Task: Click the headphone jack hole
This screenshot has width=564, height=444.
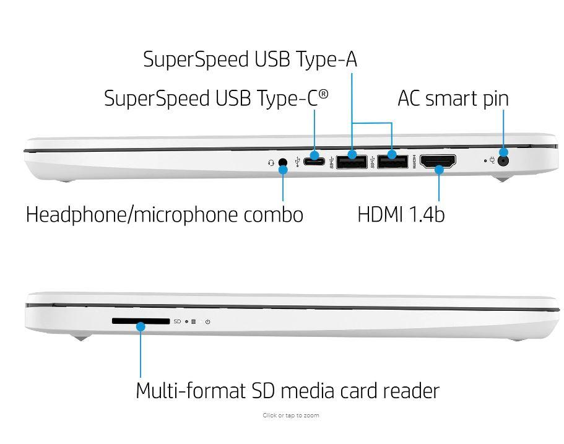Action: point(283,163)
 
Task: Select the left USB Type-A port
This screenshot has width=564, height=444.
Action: point(352,162)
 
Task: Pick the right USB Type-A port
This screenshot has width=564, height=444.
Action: point(392,162)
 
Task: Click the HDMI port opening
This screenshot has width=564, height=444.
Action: point(438,162)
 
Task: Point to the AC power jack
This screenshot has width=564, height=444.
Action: point(504,160)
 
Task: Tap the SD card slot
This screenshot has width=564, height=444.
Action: point(141,321)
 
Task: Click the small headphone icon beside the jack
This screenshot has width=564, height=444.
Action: point(271,163)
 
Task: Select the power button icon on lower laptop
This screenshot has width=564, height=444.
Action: point(208,322)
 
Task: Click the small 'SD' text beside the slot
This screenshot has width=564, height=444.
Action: point(177,322)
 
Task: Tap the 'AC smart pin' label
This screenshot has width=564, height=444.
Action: point(453,98)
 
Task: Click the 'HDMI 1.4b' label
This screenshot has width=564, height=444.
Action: point(401,214)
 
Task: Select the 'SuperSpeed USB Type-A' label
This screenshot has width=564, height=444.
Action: point(250,59)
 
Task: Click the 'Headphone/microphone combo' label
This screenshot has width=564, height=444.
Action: point(165,214)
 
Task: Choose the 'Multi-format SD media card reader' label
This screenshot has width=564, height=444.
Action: point(287,391)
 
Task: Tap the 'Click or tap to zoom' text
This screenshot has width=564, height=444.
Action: point(290,416)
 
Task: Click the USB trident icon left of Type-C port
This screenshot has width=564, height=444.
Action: point(298,162)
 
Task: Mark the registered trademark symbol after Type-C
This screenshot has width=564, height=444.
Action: point(323,95)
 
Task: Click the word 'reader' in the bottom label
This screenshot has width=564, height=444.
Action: point(411,391)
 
